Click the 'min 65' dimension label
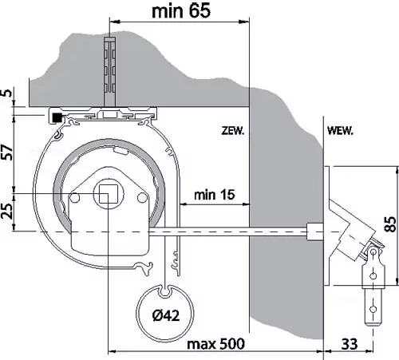181,11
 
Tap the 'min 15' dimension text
215,195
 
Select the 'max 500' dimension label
215,344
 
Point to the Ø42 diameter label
166,315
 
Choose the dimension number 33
350,344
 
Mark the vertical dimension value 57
8,152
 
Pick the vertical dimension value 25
7,211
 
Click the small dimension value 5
8,93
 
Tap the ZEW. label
233,131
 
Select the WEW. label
340,131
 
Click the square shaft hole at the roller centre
109,194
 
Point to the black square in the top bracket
57,117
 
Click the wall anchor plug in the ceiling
109,73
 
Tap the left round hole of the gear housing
75,197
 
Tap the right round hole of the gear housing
142,197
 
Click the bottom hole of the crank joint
373,309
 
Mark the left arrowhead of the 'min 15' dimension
184,204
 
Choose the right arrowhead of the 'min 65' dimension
245,22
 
